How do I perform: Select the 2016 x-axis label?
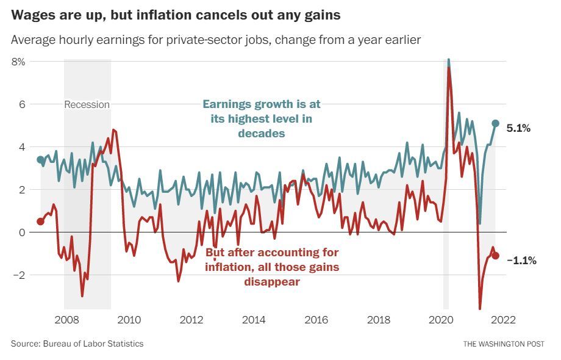point(316,320)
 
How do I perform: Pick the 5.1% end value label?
point(518,128)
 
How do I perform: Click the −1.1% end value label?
point(521,261)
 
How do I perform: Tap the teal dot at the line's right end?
point(495,123)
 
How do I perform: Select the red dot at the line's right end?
point(495,256)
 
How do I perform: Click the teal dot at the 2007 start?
point(41,160)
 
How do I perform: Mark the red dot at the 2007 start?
point(41,221)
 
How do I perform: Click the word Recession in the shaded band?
point(87,104)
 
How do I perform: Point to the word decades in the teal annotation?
point(262,134)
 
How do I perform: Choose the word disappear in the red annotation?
point(272,281)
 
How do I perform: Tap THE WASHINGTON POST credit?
point(503,344)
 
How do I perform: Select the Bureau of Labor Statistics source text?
point(93,344)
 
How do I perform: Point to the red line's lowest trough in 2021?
point(480,309)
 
